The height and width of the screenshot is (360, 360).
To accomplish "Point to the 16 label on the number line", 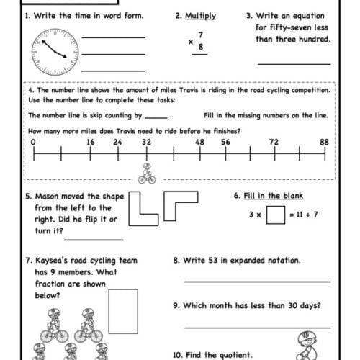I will (90, 142).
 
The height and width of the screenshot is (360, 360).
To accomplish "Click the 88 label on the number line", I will (324, 142).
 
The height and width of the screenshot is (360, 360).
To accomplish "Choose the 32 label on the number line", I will (146, 142).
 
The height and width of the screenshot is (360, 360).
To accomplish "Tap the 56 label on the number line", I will (225, 142).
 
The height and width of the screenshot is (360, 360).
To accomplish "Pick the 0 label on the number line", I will (34, 142).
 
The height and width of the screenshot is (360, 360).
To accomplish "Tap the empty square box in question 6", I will (275, 215).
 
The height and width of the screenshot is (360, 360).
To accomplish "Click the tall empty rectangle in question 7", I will (122, 310).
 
